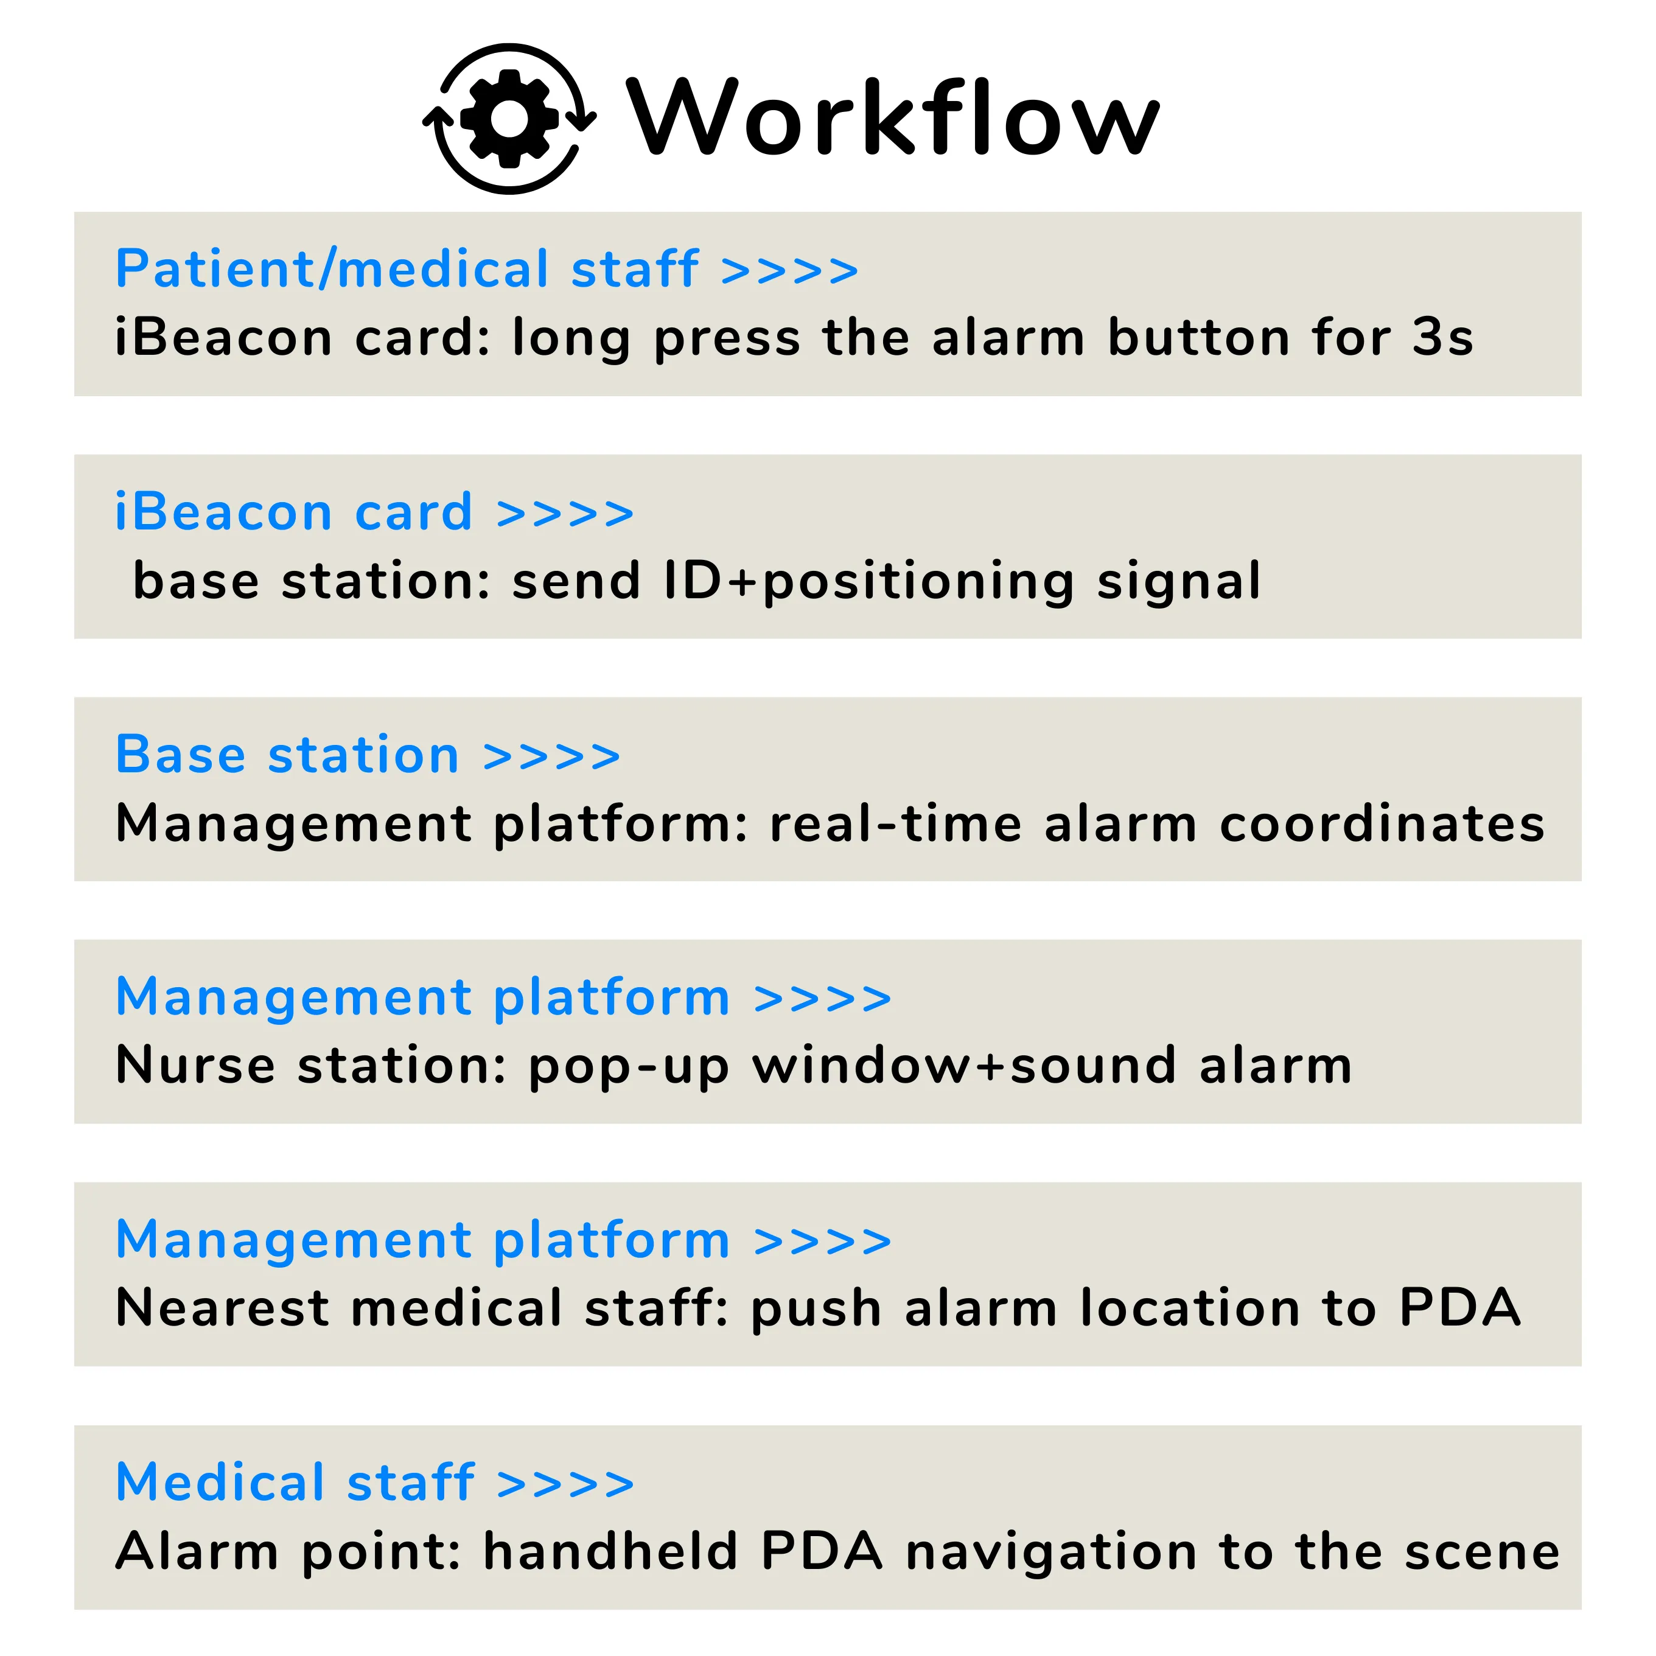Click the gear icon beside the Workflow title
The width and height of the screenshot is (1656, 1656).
[510, 118]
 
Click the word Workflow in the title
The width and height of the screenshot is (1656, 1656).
[893, 117]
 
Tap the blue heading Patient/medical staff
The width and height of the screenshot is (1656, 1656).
[407, 268]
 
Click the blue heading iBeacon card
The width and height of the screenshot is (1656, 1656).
[294, 512]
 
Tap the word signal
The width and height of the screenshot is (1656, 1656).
[1179, 582]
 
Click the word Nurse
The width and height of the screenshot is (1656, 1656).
[195, 1066]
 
